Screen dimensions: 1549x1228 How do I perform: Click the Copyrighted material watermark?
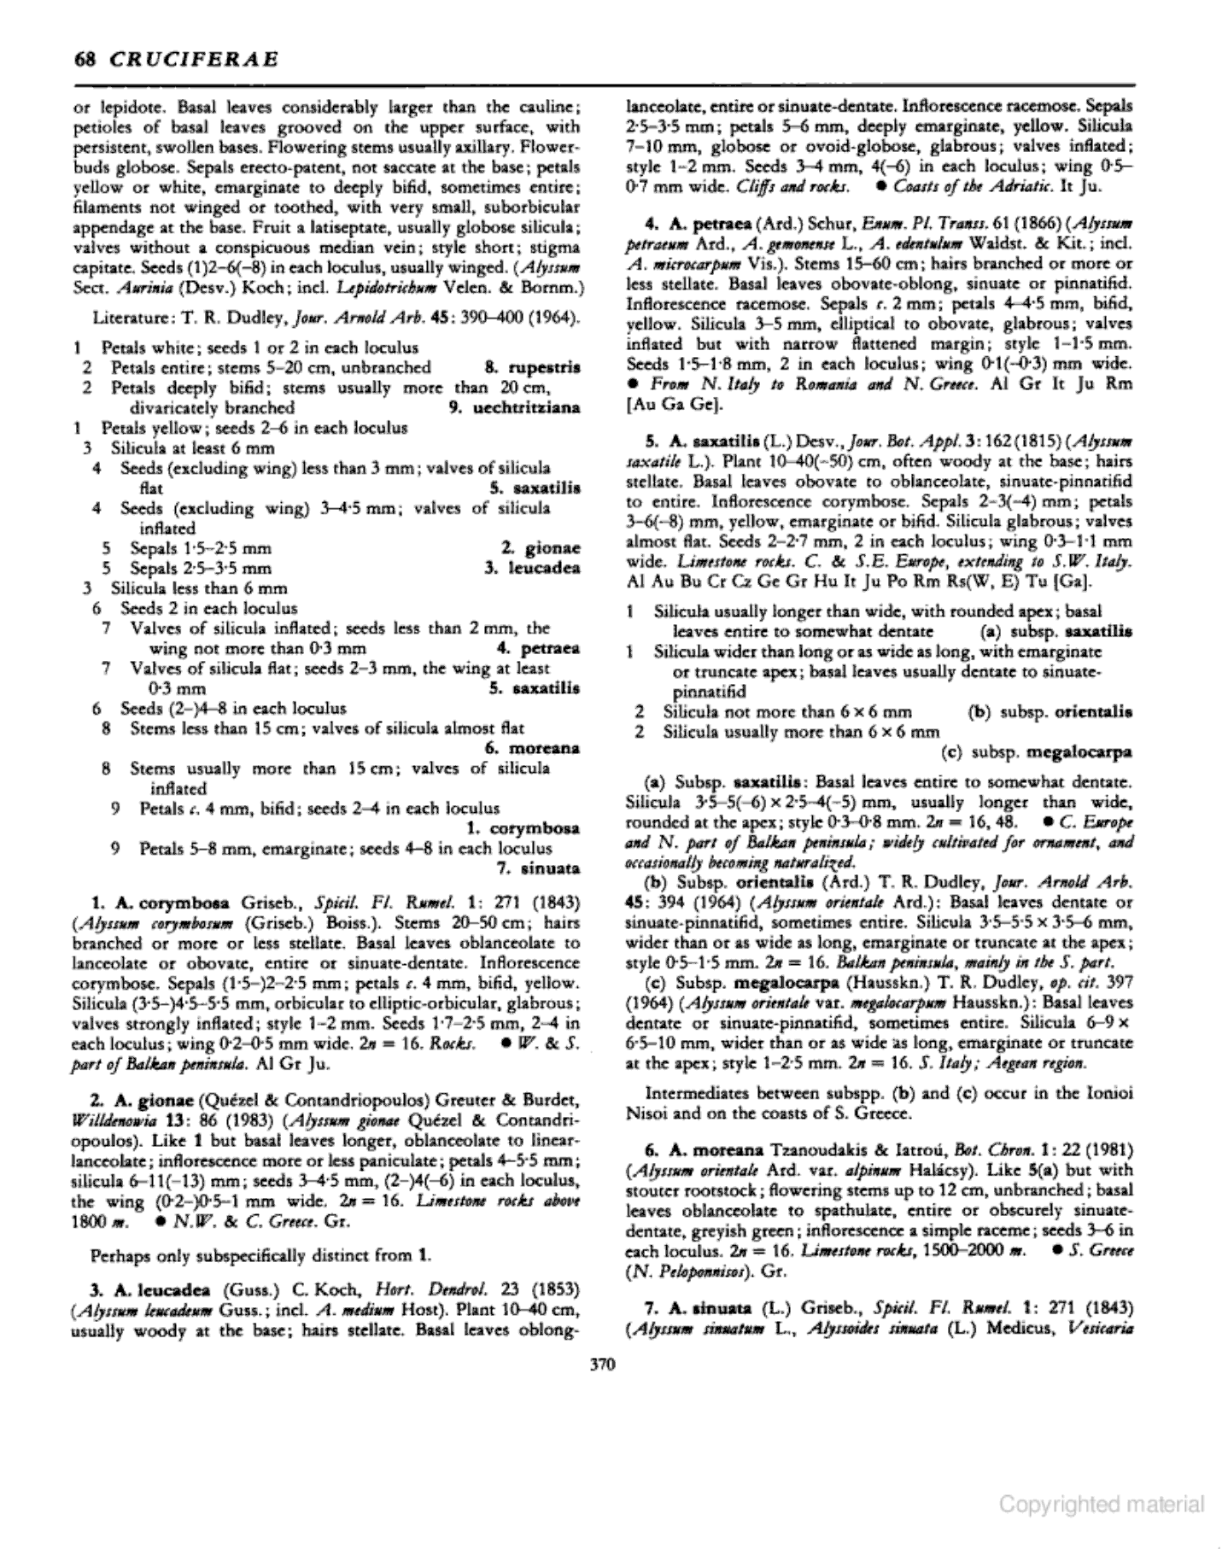(1102, 1504)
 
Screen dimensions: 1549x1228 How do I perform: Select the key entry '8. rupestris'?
(532, 367)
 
